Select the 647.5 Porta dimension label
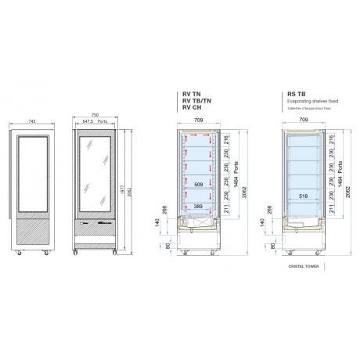[94, 122]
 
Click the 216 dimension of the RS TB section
[330, 142]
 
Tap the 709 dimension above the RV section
[200, 121]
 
